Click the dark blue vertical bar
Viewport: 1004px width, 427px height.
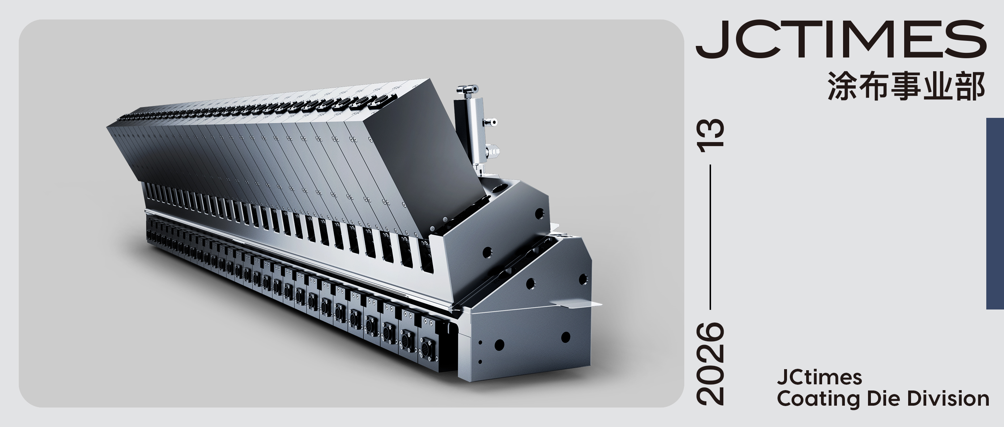pyautogui.click(x=995, y=213)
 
